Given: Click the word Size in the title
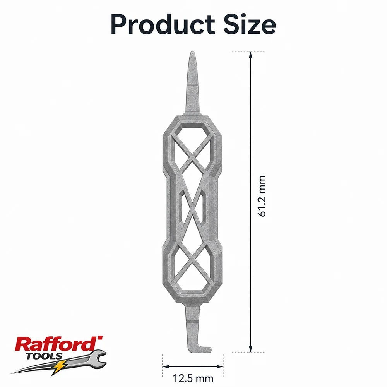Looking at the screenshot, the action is [x=250, y=24].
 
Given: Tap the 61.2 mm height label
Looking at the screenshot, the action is [x=262, y=196].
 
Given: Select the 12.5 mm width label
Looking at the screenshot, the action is [x=193, y=378].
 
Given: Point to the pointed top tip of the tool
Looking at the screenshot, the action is [x=192, y=51].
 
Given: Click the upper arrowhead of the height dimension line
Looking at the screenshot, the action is [x=250, y=55].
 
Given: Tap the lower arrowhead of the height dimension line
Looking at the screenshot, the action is [x=250, y=349].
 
